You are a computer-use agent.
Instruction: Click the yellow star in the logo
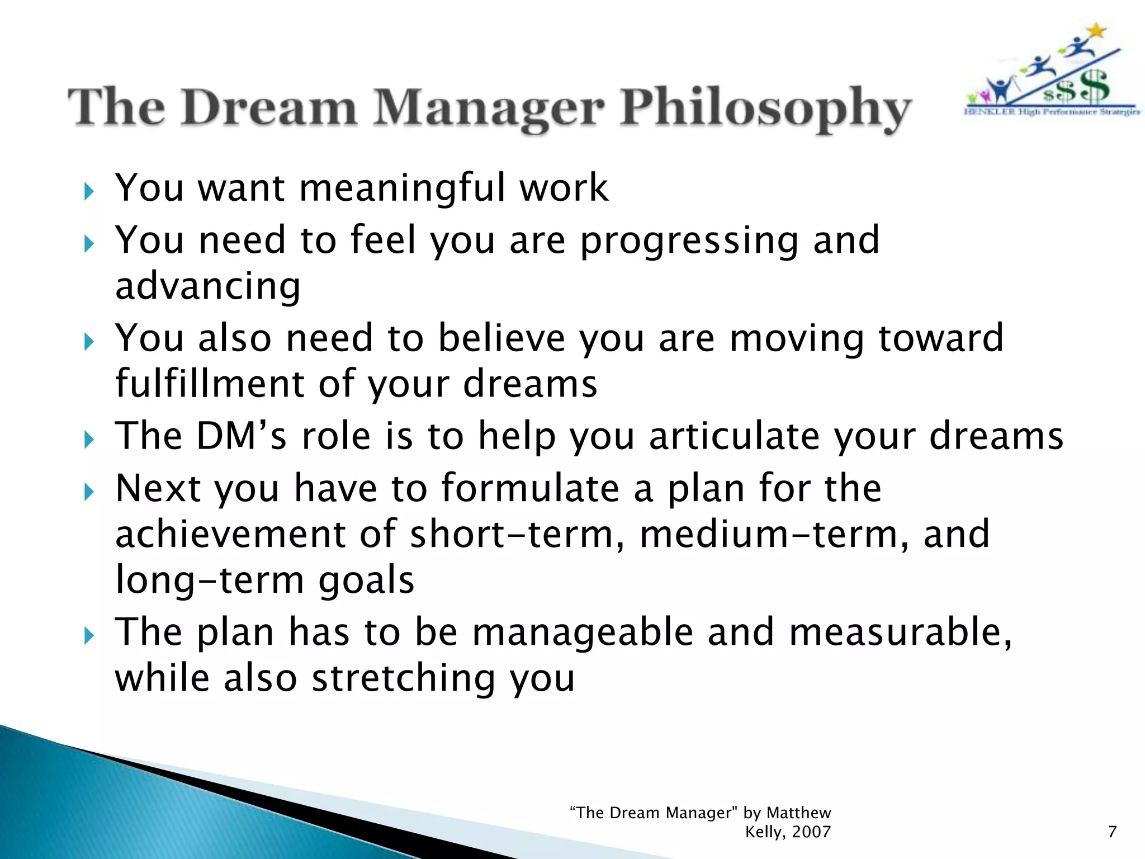tap(1097, 31)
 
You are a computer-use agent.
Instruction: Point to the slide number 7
tap(1112, 832)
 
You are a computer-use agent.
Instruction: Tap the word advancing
tap(208, 286)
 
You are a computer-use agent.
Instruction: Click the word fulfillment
tap(210, 384)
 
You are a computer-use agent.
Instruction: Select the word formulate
tap(530, 488)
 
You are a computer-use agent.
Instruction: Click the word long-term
tap(210, 580)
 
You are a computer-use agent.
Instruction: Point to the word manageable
tap(582, 633)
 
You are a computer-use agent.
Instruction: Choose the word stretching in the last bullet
tap(403, 678)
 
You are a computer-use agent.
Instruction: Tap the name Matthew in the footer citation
tap(798, 813)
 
